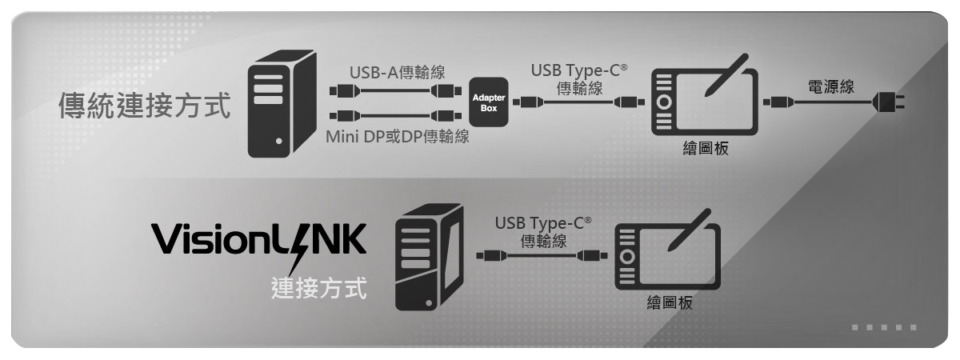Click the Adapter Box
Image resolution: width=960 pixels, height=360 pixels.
coord(489,102)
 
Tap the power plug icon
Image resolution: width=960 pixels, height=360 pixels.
coord(889,102)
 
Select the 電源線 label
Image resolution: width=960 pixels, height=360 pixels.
coord(830,86)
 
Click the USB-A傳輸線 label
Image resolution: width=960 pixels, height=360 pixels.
coord(397,72)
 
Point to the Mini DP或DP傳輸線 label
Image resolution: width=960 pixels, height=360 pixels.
coord(397,137)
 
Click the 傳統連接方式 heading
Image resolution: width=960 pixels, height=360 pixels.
coord(145,106)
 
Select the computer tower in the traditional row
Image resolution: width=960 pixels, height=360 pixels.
coord(282,104)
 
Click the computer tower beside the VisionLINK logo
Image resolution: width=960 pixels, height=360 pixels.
coord(429,257)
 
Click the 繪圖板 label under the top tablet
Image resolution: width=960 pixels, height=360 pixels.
coord(706,148)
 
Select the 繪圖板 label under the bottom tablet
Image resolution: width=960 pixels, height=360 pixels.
coord(670,302)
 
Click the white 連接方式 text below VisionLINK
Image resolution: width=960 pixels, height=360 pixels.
coord(319,287)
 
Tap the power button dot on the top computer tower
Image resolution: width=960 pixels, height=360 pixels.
coord(279,141)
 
